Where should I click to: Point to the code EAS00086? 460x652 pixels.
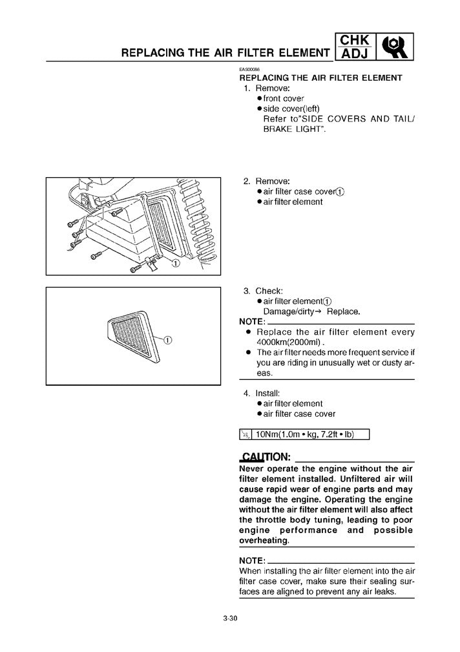(x=249, y=70)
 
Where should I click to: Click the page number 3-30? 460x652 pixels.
(x=231, y=620)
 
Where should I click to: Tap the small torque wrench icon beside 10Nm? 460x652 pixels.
(x=246, y=434)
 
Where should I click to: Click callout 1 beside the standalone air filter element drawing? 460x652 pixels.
(x=167, y=341)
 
